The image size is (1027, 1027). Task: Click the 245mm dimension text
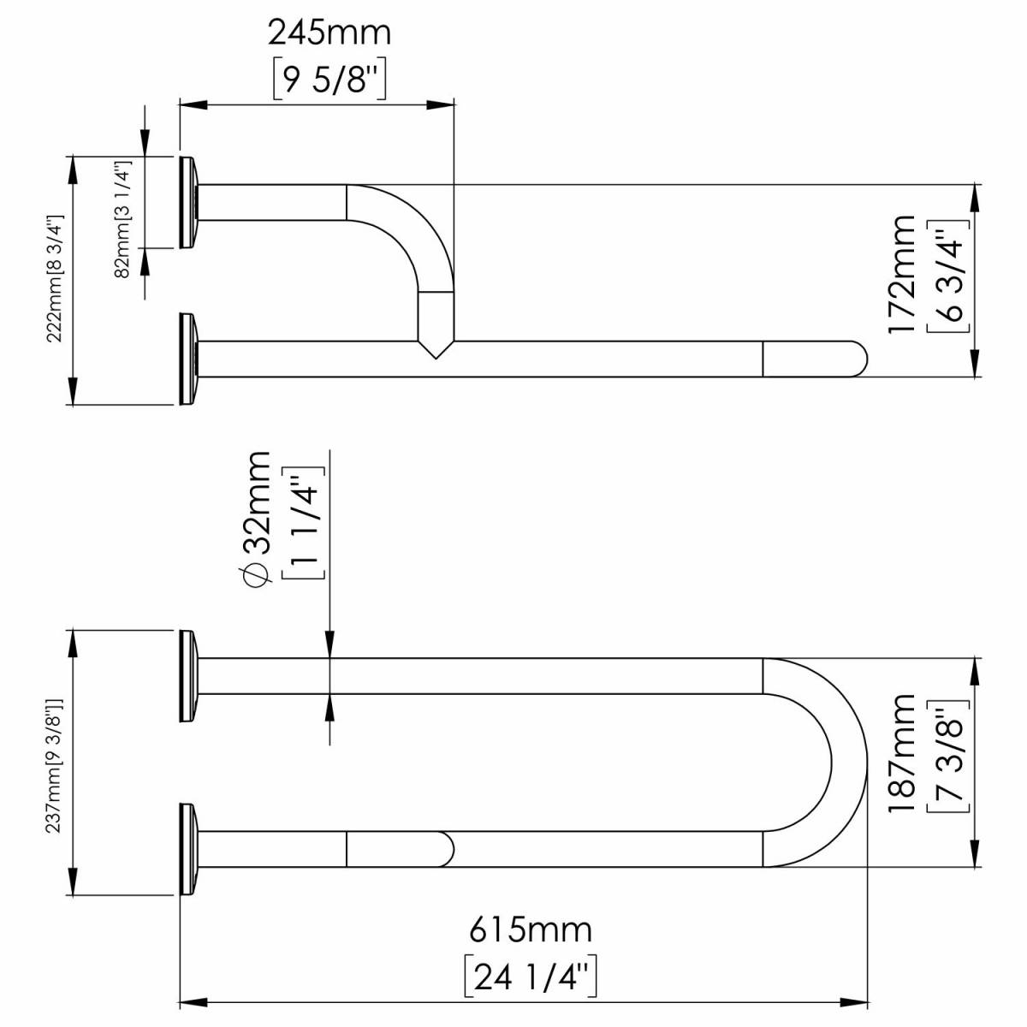pos(329,33)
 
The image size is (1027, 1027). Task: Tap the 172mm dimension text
pos(901,275)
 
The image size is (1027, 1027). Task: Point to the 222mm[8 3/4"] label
pos(56,279)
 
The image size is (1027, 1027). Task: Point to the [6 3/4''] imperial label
pos(948,275)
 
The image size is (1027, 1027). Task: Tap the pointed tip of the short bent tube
pos(436,359)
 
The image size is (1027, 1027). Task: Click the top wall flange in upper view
pos(188,203)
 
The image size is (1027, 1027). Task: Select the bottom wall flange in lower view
pos(188,848)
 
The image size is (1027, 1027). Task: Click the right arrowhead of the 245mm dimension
pos(441,105)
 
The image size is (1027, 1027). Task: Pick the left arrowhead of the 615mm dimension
pos(193,1002)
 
